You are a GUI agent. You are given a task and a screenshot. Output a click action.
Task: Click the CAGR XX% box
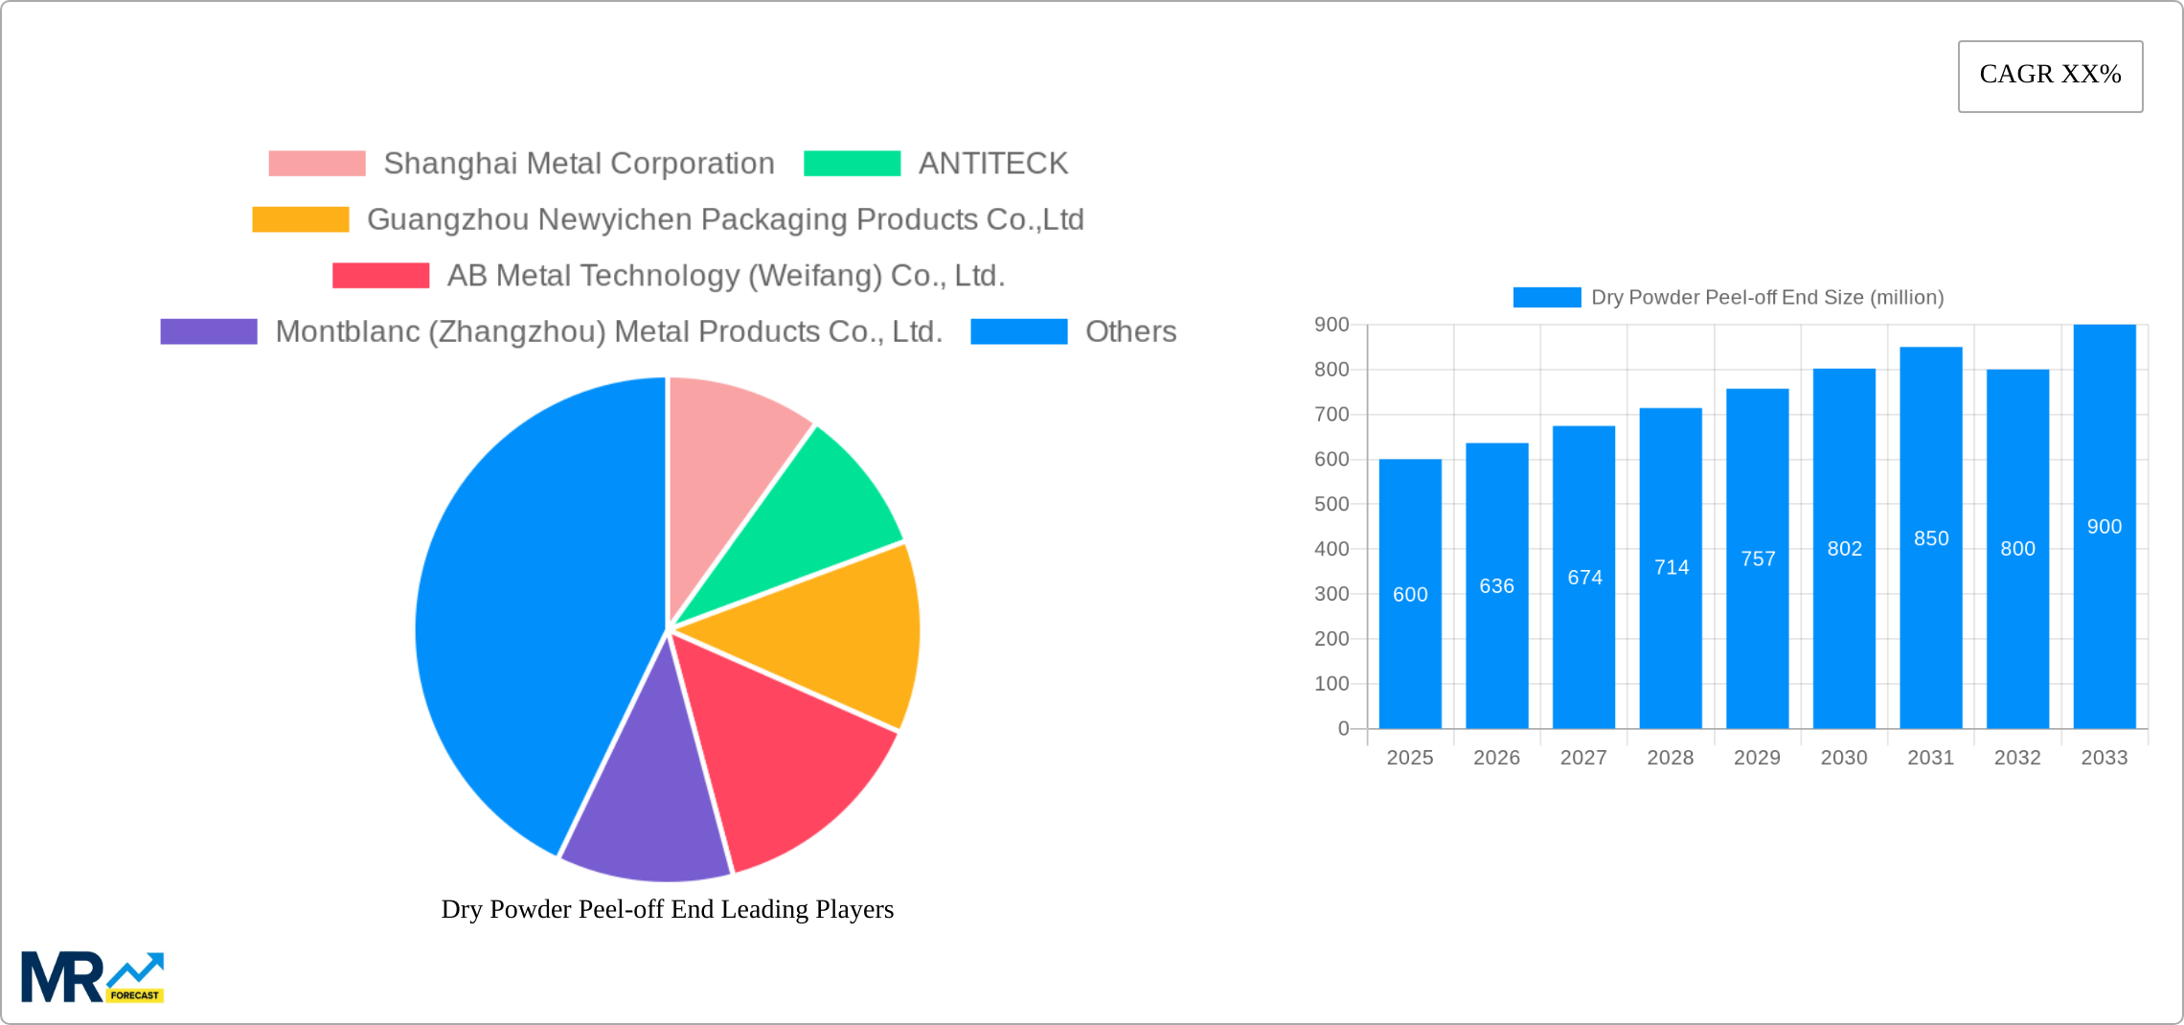[x=2050, y=76]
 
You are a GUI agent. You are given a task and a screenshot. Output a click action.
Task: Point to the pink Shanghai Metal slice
[x=728, y=460]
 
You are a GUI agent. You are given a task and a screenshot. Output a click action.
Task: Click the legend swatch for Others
[x=1018, y=331]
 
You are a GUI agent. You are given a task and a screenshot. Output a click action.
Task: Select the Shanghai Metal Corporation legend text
[x=579, y=164]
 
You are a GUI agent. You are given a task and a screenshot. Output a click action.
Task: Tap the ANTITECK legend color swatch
[x=852, y=164]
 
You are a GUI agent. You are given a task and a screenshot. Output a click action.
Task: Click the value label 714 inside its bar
[x=1672, y=567]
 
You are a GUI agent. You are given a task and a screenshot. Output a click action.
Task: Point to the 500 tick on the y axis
[x=1331, y=504]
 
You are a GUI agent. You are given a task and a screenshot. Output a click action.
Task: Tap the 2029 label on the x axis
[x=1757, y=758]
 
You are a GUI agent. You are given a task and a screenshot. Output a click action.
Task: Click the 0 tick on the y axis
[x=1343, y=729]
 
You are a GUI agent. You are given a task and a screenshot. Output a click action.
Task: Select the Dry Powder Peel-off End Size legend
[x=1728, y=298]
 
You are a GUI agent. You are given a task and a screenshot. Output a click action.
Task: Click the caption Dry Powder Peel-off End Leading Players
[x=667, y=909]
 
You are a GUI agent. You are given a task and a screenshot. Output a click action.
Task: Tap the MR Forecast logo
[x=92, y=977]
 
